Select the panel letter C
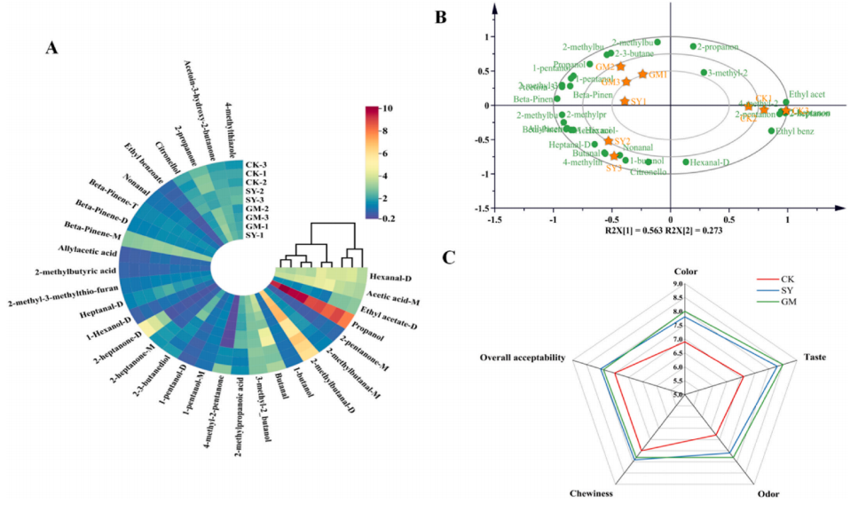coord(453,258)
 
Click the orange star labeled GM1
coord(642,74)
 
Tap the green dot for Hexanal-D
coord(686,162)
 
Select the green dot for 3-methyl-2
coord(704,73)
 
